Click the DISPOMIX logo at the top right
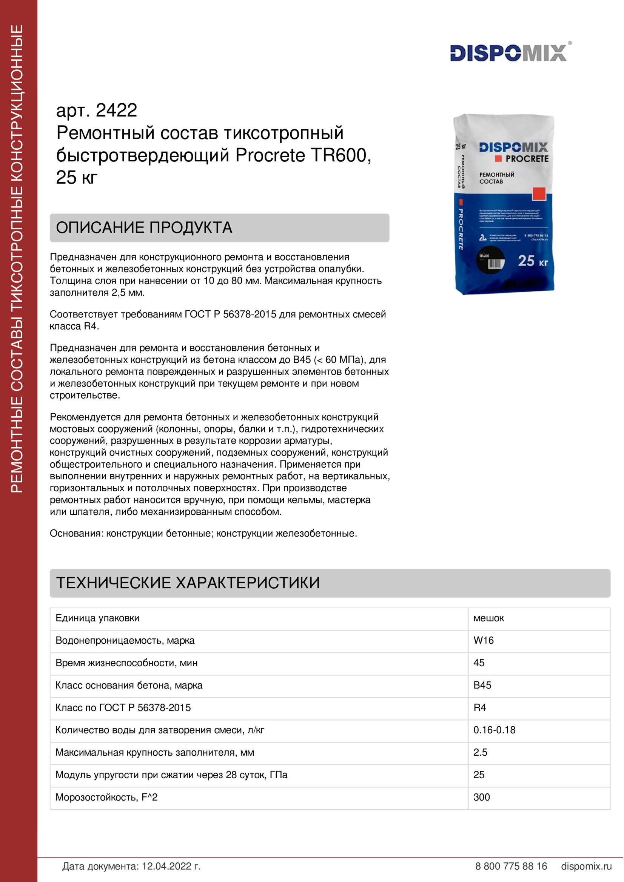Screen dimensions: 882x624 [508, 53]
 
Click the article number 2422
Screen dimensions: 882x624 [116, 110]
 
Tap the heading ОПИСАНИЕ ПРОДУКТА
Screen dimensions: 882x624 [144, 228]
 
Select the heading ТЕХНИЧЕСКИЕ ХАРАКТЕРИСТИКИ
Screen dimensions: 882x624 [188, 583]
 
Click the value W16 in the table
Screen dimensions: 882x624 [483, 640]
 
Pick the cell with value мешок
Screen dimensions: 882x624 [488, 618]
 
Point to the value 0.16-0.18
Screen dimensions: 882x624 [494, 730]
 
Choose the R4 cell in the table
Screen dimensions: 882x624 [479, 707]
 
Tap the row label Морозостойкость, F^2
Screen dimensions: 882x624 [106, 797]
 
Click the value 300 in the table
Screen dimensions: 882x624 [481, 797]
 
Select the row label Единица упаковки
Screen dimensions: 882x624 [97, 618]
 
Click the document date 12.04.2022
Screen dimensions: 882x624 [171, 866]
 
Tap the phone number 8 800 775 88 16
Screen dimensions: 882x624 [511, 866]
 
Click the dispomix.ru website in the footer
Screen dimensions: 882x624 [586, 866]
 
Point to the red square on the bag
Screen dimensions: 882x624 [539, 194]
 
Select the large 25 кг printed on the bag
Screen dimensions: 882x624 [533, 261]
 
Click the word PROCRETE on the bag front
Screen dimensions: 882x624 [527, 159]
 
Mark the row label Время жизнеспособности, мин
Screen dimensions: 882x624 [126, 663]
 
